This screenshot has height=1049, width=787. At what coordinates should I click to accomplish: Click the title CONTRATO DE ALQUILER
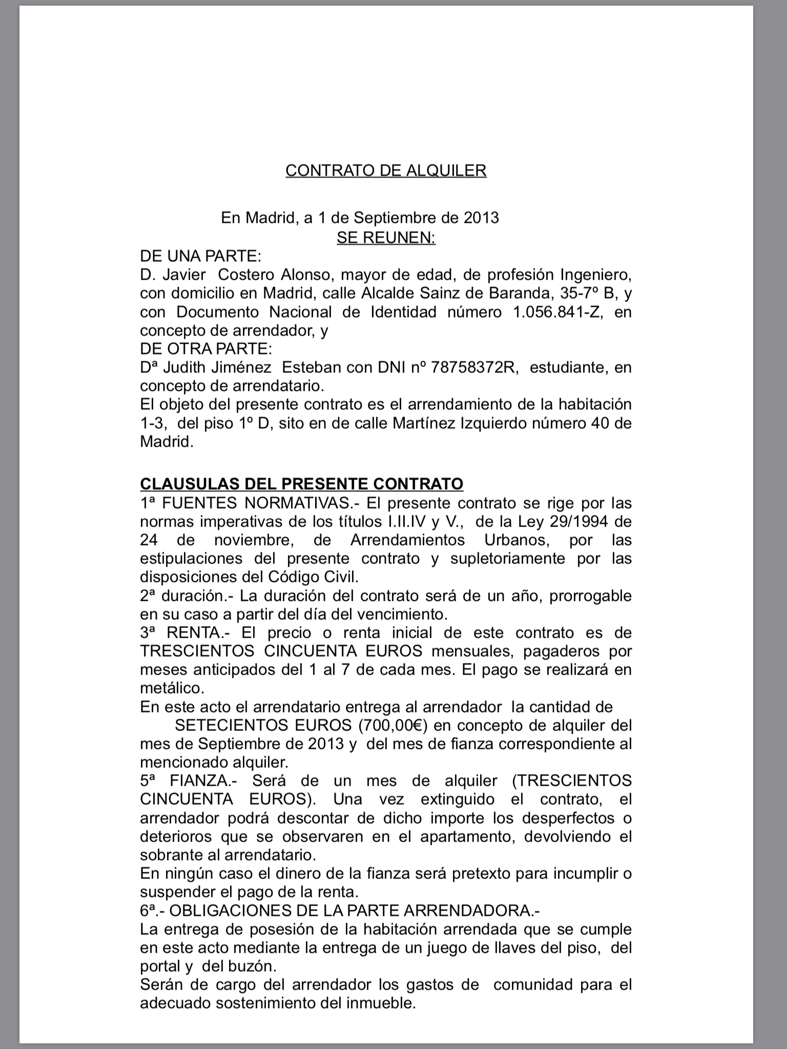385,170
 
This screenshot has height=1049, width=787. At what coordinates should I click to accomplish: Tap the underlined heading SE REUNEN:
386,238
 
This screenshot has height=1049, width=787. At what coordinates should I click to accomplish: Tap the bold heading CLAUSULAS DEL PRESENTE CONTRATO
301,484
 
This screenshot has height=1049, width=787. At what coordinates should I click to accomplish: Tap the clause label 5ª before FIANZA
149,781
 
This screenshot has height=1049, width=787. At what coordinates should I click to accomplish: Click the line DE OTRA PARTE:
206,349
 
